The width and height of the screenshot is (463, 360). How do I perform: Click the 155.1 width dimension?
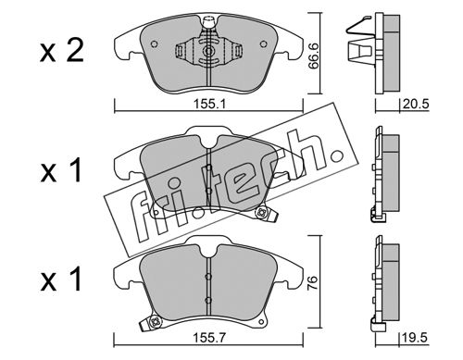point(209,105)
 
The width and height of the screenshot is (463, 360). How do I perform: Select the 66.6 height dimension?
point(314,57)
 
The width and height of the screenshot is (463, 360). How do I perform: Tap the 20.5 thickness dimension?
point(416,104)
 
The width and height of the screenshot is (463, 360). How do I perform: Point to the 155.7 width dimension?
point(209,339)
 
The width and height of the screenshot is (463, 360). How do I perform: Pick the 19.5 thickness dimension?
point(415,338)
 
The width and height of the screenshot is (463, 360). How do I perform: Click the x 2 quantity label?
point(62,52)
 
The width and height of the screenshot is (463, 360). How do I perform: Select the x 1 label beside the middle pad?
point(61,170)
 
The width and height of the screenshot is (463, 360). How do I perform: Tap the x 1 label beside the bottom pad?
point(61,279)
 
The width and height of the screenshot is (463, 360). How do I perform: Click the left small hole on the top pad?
point(154,44)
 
